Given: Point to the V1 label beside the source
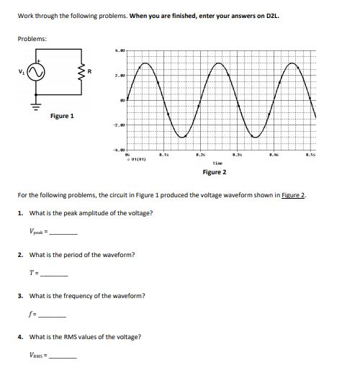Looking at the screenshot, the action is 20,72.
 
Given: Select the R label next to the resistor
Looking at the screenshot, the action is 89,71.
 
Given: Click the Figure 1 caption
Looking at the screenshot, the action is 62,116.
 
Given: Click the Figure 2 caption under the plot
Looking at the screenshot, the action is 215,173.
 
